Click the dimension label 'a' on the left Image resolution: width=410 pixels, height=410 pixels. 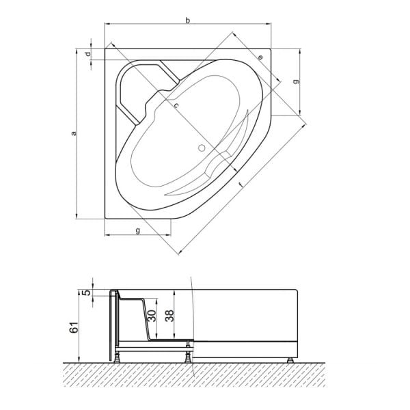(x=74, y=134)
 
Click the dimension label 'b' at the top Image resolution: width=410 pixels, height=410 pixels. (x=188, y=21)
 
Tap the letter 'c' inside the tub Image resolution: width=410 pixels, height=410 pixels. (x=176, y=106)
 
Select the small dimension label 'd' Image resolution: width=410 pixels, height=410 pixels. (x=88, y=55)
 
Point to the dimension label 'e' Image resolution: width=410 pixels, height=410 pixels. (x=260, y=57)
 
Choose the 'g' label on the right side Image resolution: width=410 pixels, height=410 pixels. (x=295, y=81)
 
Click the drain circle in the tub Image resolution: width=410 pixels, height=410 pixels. (x=202, y=146)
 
